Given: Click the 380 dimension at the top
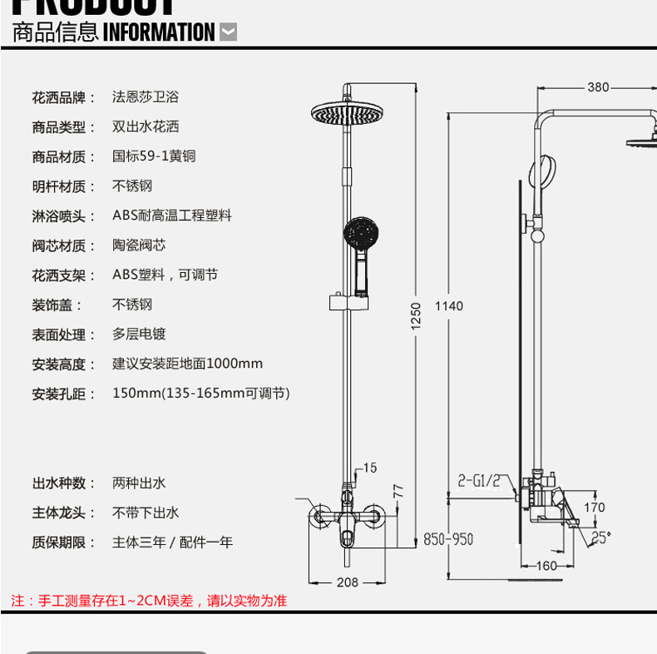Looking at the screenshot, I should (x=598, y=87).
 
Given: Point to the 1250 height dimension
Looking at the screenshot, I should (x=417, y=315).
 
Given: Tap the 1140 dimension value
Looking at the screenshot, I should (x=448, y=306).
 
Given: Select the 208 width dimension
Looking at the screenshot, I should (x=348, y=582).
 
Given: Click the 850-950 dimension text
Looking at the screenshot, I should (x=447, y=539).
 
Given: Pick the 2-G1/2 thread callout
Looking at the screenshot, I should (x=479, y=480).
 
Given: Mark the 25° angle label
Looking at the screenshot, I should (x=600, y=538).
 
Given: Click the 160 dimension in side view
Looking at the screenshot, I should (x=546, y=567).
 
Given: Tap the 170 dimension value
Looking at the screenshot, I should (x=594, y=508).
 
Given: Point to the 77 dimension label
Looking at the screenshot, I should (x=398, y=490).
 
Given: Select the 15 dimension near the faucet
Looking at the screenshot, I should (x=369, y=468).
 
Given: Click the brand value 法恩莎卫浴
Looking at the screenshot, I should (x=146, y=97).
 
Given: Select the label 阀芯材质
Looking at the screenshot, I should (x=58, y=245).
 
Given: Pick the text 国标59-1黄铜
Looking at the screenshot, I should (x=154, y=156).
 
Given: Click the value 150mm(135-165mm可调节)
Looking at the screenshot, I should (x=201, y=393).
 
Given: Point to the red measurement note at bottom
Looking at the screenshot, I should (x=149, y=601).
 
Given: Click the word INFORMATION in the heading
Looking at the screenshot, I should (x=158, y=33).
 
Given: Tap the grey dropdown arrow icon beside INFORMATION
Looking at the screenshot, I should (x=228, y=33).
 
